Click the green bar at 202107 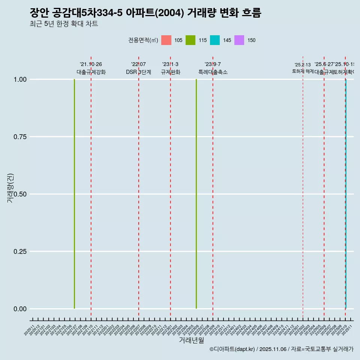[74, 194]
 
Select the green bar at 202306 [196, 194]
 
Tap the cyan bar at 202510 [346, 194]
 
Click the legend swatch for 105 [166, 40]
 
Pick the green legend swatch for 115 [190, 40]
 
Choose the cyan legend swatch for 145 [215, 40]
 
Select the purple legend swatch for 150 [239, 40]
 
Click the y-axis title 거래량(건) [10, 188]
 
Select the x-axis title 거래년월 [191, 340]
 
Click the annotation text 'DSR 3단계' [138, 72]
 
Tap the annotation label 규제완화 [171, 72]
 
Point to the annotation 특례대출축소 [213, 72]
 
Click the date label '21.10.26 [91, 64]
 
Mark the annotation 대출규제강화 [91, 72]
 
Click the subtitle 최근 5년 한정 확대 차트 [64, 24]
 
